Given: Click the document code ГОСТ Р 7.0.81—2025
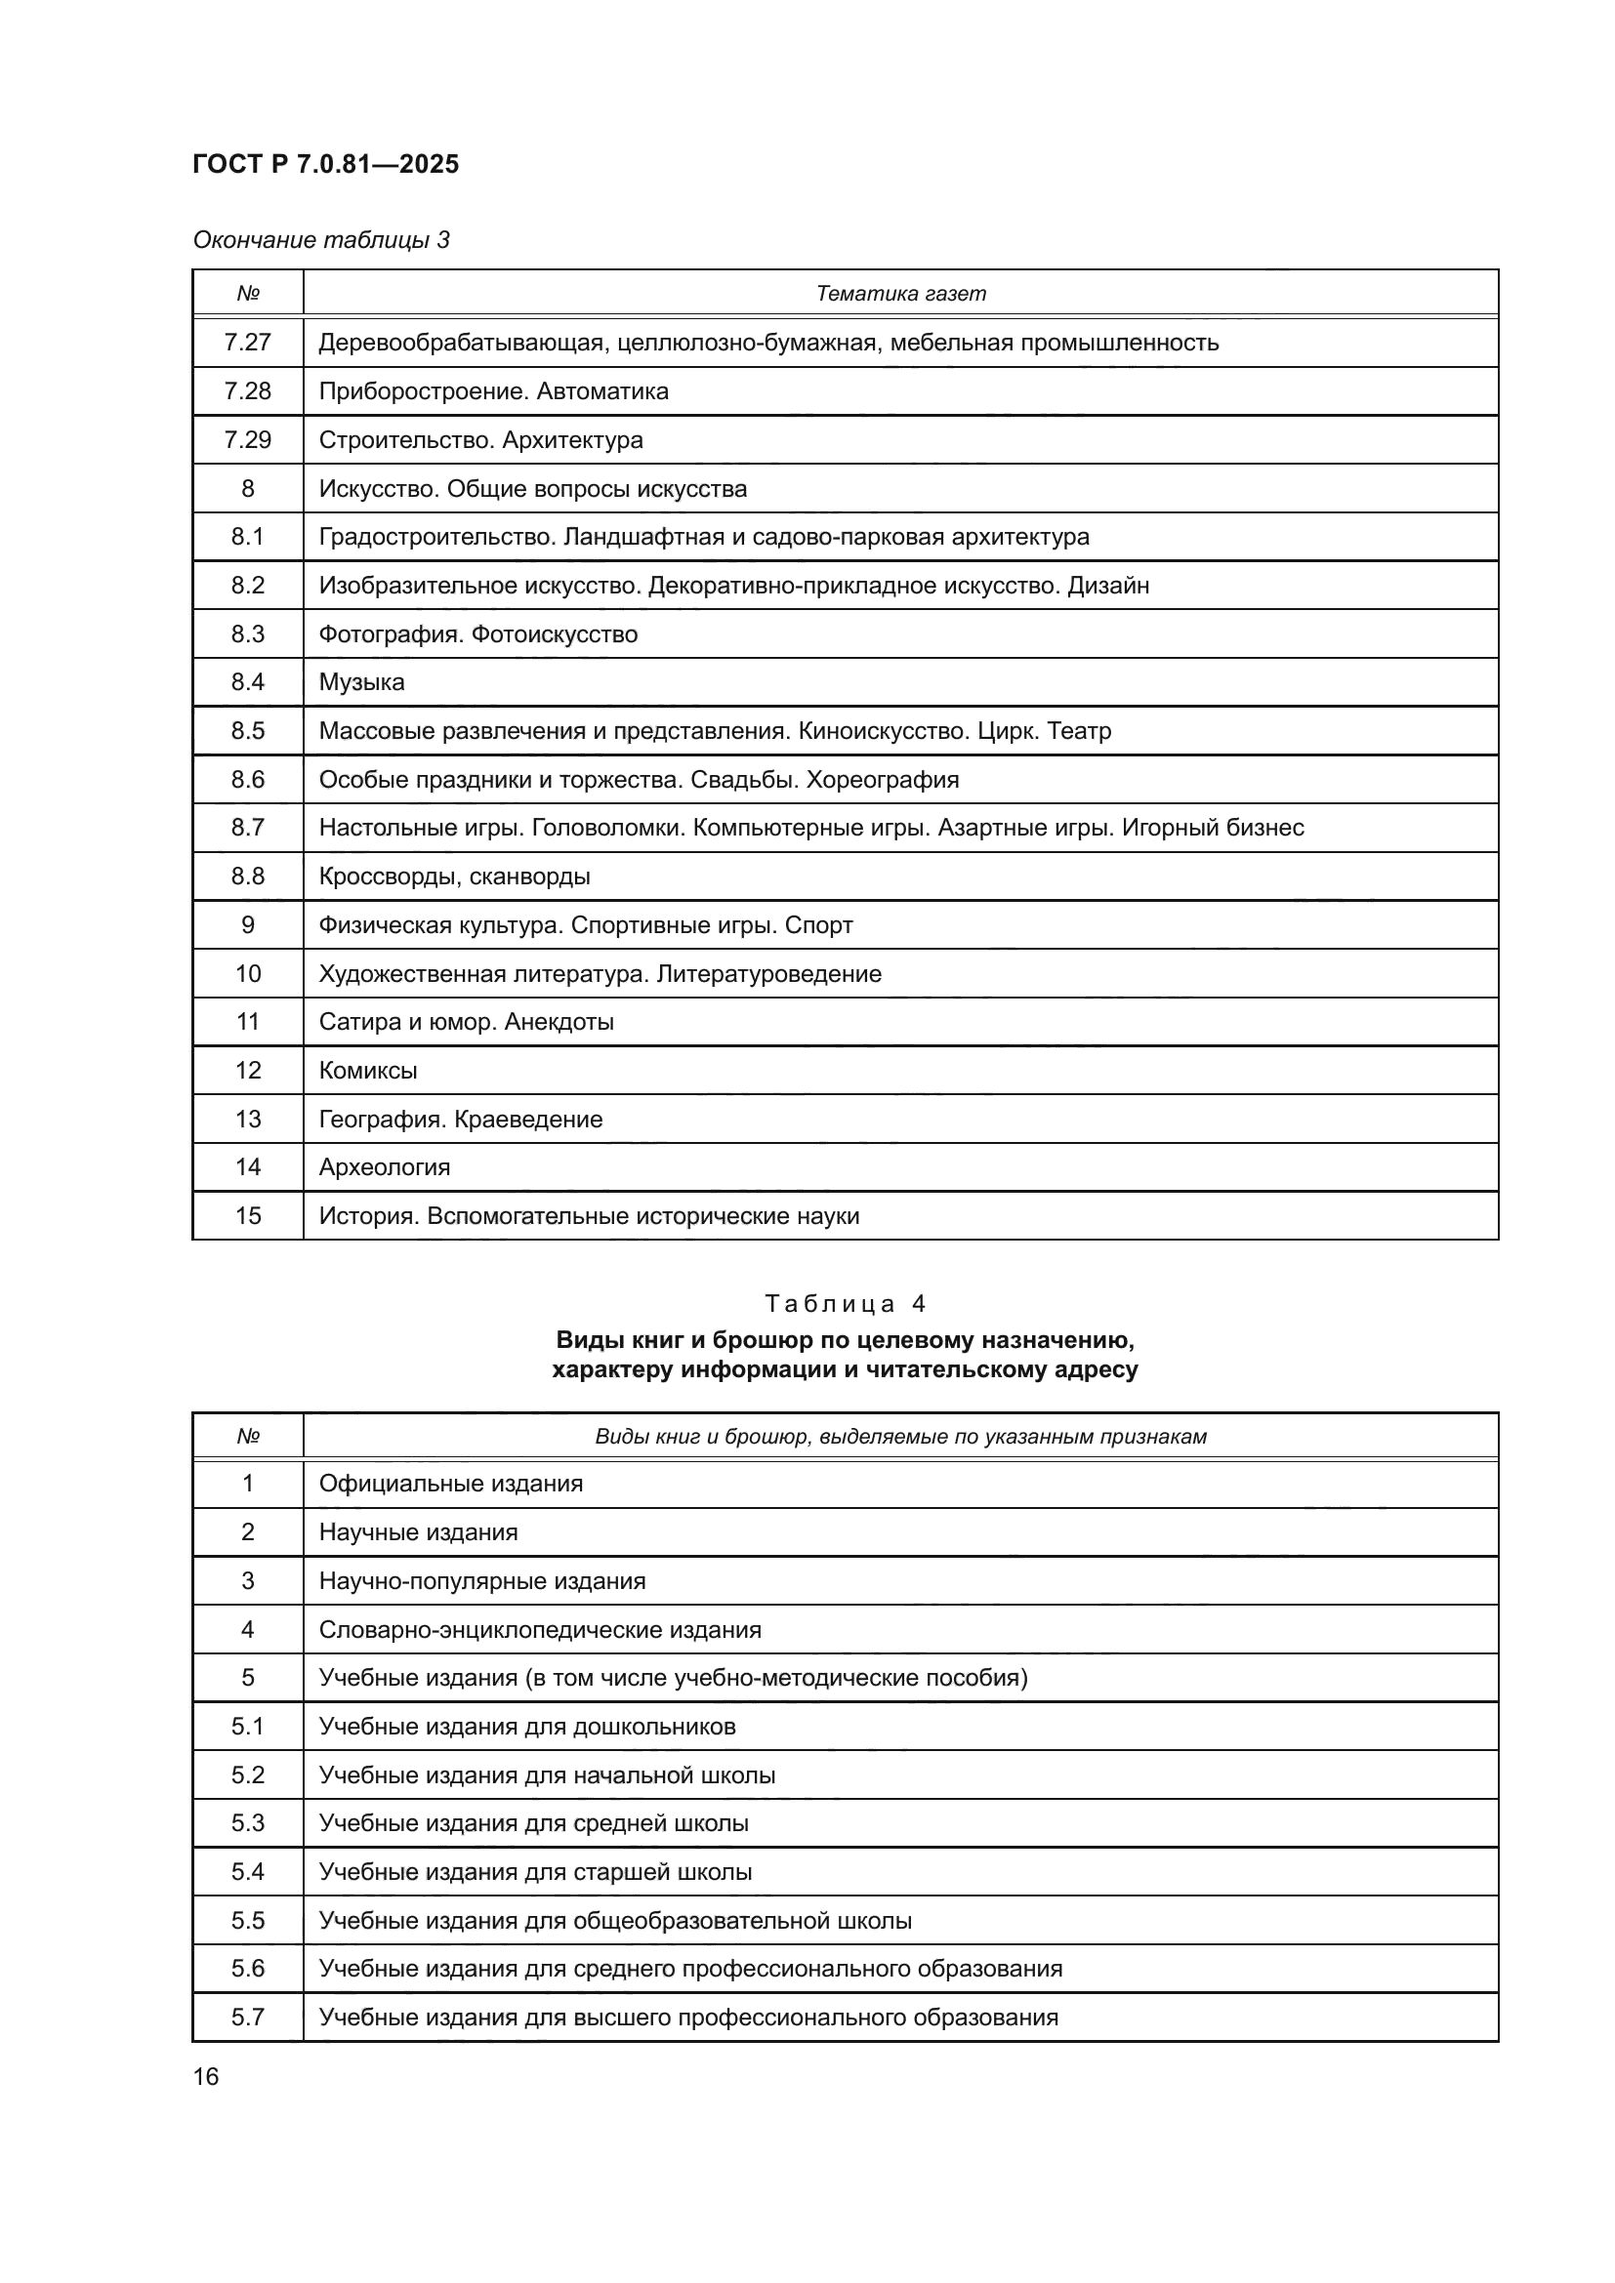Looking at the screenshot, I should (325, 164).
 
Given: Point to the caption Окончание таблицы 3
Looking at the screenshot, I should (321, 240).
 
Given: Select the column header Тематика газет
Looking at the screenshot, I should (900, 294).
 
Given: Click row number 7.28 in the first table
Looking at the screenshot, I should (248, 390).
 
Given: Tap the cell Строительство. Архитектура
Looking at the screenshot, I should (480, 439).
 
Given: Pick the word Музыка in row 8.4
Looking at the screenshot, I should (361, 682).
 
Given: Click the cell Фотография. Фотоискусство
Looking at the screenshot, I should (477, 634).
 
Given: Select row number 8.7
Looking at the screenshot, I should (248, 828).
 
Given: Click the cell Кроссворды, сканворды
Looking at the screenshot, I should (454, 876).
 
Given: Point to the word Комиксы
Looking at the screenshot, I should (367, 1070).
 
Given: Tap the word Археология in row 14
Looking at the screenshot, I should (384, 1167).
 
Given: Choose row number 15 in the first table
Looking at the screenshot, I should (248, 1216).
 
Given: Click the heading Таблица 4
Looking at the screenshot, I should (846, 1304).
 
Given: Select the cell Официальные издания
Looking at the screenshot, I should (450, 1484).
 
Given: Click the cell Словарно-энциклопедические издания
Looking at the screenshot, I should (540, 1630).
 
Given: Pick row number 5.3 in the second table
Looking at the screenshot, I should (248, 1823).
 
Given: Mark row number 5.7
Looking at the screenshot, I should (248, 2018).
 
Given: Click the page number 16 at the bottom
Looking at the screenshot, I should (206, 2077).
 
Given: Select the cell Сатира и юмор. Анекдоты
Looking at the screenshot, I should (466, 1021).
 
